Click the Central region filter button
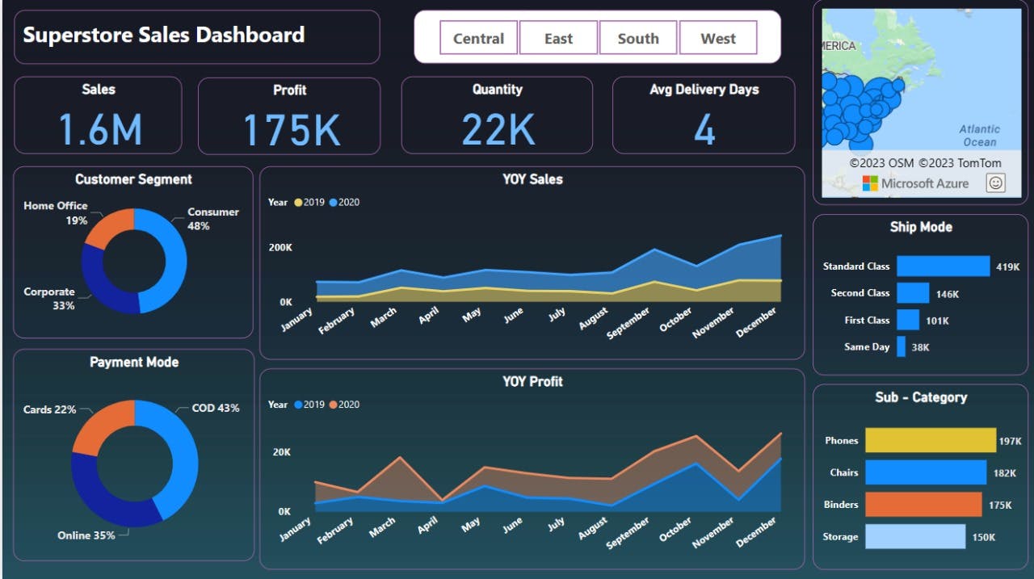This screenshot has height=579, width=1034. (x=478, y=38)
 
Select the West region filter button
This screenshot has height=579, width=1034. (x=718, y=38)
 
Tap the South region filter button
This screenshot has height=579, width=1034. (x=637, y=38)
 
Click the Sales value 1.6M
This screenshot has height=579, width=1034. (x=100, y=129)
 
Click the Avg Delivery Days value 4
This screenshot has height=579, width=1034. (x=704, y=129)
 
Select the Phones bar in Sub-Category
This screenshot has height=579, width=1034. (x=930, y=440)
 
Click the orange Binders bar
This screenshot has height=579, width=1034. (x=923, y=505)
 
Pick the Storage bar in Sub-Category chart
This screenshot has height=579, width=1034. (x=914, y=536)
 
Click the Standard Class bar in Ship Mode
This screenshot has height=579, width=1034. (x=943, y=266)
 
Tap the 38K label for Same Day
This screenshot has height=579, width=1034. (x=920, y=347)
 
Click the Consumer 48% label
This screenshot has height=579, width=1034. (x=212, y=219)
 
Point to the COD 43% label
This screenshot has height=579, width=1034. (x=215, y=409)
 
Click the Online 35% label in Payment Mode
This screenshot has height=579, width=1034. (x=86, y=535)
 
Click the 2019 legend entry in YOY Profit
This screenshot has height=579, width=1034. (x=309, y=405)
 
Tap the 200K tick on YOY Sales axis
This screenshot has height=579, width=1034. (x=280, y=247)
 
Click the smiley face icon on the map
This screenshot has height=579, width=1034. (x=995, y=183)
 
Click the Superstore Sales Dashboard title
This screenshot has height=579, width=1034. (x=164, y=35)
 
